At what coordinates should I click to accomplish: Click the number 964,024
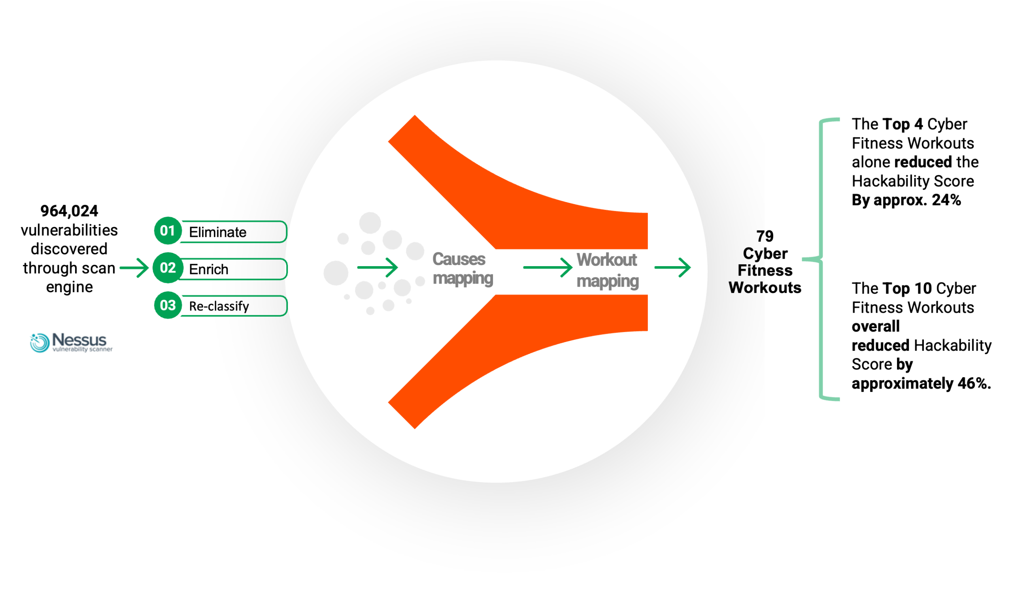click(69, 211)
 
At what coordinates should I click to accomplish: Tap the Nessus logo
click(71, 342)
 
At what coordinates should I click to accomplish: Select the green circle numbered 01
click(168, 231)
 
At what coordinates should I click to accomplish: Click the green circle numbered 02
click(168, 268)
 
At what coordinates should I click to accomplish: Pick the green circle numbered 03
click(168, 305)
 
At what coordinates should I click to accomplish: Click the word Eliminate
click(217, 232)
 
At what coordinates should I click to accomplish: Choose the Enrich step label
click(208, 269)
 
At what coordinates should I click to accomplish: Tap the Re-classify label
click(219, 306)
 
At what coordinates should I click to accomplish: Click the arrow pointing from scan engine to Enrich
click(134, 268)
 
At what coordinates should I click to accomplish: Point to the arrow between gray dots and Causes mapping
click(378, 267)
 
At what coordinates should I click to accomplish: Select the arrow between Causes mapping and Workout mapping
click(548, 267)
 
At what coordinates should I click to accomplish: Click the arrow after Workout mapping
click(672, 267)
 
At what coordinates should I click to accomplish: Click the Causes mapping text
click(463, 269)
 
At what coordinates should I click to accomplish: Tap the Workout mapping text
click(608, 271)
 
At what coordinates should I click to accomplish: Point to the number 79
click(765, 236)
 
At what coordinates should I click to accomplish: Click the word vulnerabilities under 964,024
click(69, 230)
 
